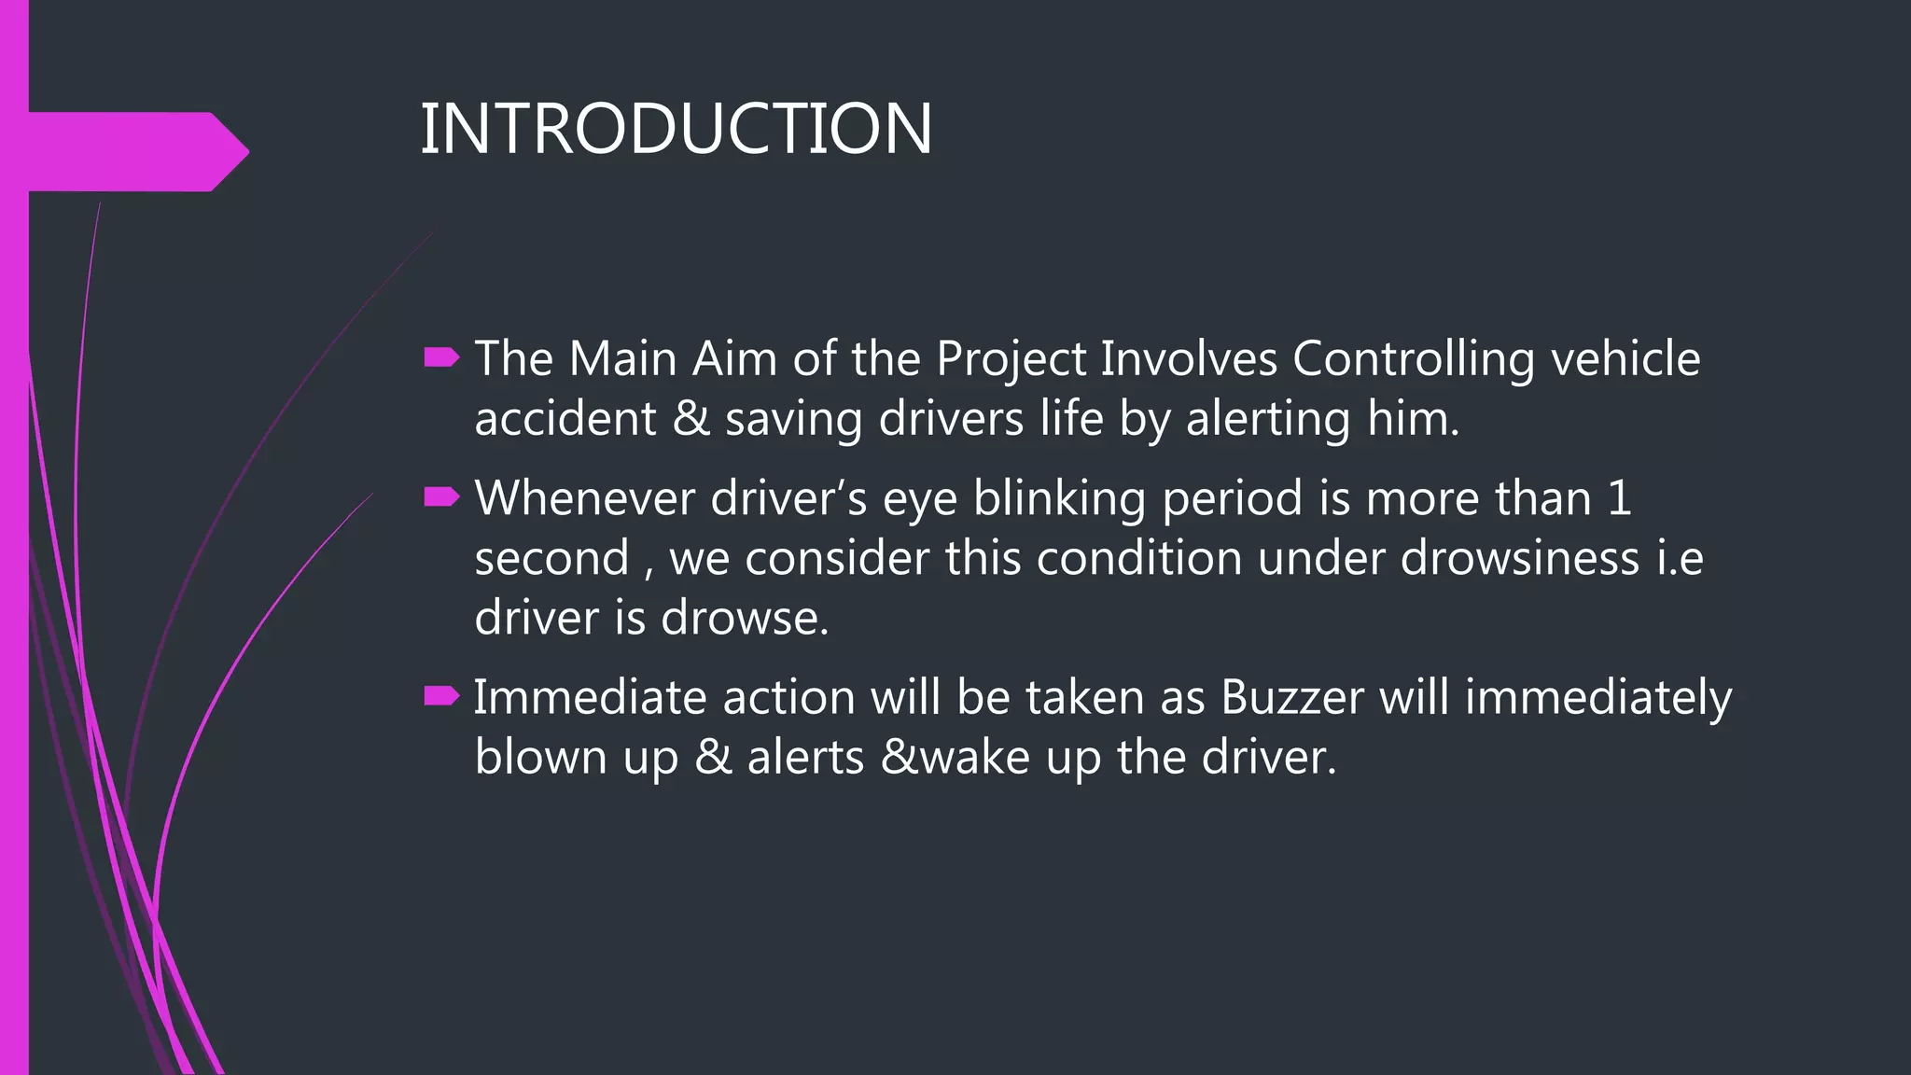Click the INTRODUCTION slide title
pyautogui.click(x=676, y=129)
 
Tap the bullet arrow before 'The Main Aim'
pyautogui.click(x=441, y=357)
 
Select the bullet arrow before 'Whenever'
pyautogui.click(x=441, y=497)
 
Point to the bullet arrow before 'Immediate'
pyautogui.click(x=441, y=696)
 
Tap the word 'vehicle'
pyautogui.click(x=1625, y=358)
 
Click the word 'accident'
pyautogui.click(x=565, y=419)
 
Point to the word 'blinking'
pyautogui.click(x=1059, y=499)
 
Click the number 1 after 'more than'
pyautogui.click(x=1620, y=498)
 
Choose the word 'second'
pyautogui.click(x=551, y=558)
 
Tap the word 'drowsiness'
pyautogui.click(x=1520, y=558)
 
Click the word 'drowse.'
pyautogui.click(x=745, y=618)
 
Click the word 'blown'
pyautogui.click(x=540, y=757)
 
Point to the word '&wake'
pyautogui.click(x=955, y=757)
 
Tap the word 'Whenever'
pyautogui.click(x=584, y=498)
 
